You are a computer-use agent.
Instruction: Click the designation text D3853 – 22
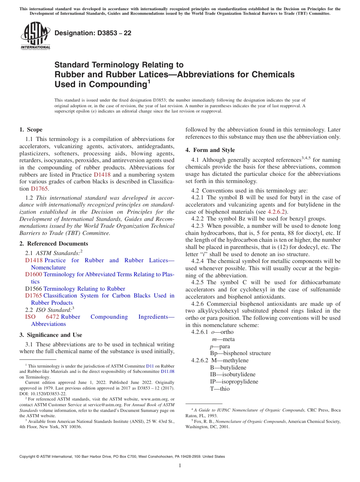click(x=92, y=33)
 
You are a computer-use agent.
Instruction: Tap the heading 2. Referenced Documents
click(x=54, y=244)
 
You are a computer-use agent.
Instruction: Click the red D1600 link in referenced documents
click(x=34, y=274)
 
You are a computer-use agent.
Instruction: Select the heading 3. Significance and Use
click(x=50, y=335)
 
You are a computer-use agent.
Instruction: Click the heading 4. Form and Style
click(x=210, y=150)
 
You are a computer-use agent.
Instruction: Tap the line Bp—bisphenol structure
click(x=240, y=353)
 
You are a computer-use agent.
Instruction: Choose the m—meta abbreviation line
click(x=223, y=339)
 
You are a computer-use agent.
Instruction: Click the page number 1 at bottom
click(x=180, y=466)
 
